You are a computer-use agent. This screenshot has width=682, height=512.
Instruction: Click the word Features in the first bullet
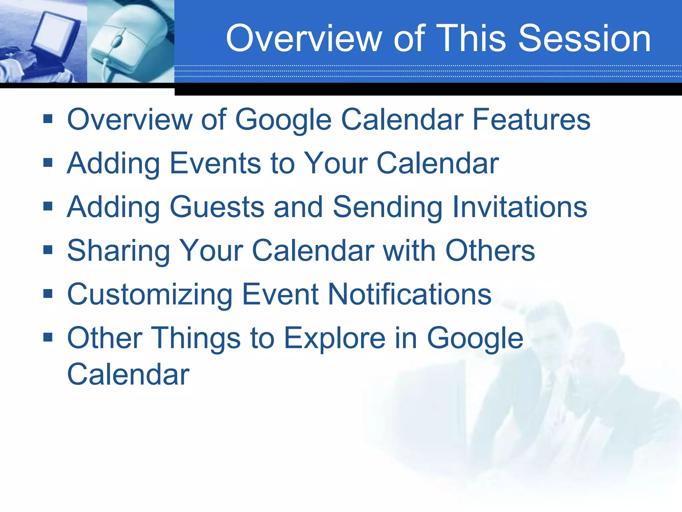click(531, 119)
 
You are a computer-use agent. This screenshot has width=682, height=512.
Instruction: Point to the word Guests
click(217, 207)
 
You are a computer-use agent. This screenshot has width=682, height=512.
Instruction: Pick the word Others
click(490, 250)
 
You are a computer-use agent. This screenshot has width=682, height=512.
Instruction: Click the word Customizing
click(150, 294)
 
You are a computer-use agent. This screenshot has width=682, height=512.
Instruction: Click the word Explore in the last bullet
click(335, 338)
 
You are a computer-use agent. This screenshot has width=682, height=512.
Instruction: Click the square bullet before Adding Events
click(48, 162)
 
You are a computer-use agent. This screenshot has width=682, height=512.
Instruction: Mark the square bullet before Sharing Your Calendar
click(48, 250)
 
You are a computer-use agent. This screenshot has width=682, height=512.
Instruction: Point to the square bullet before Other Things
click(48, 337)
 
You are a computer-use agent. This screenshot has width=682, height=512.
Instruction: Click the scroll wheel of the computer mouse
click(117, 42)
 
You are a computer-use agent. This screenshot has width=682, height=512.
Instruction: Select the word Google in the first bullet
click(283, 119)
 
